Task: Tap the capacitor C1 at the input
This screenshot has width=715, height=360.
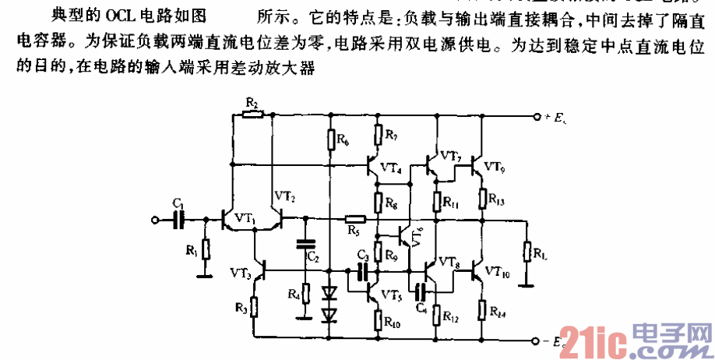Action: coord(178,221)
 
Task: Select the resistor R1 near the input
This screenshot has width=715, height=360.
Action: coord(206,249)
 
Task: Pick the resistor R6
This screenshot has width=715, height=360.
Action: coord(330,139)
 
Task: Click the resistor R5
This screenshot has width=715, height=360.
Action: coord(354,221)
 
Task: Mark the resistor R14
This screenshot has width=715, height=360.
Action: coord(482,309)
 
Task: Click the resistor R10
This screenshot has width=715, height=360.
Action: coord(378,319)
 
